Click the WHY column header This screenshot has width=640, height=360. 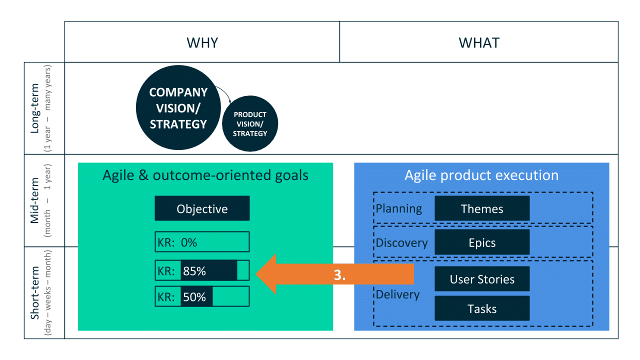click(x=202, y=43)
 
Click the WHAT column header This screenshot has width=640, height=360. click(x=479, y=43)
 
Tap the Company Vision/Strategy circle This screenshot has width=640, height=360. click(x=178, y=107)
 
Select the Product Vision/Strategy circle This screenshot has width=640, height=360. click(x=250, y=123)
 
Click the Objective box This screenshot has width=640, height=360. click(x=202, y=208)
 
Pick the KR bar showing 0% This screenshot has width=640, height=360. click(x=202, y=241)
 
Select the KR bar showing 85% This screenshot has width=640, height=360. click(x=202, y=270)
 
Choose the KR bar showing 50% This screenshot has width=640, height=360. click(x=202, y=296)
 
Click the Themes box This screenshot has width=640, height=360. click(x=482, y=208)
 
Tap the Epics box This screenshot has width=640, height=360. click(x=482, y=242)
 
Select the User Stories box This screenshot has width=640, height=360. click(x=482, y=279)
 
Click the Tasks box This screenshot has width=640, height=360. click(x=482, y=308)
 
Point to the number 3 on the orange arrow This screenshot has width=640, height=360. click(x=339, y=275)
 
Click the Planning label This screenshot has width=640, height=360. click(x=399, y=209)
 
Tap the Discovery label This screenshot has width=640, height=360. click(x=401, y=243)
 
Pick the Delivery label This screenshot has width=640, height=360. click(x=397, y=294)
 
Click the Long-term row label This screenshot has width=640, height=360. click(x=34, y=108)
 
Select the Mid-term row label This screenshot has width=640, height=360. click(x=34, y=200)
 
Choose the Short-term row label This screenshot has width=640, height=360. click(x=34, y=292)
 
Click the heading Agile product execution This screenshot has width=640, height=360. click(x=481, y=175)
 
